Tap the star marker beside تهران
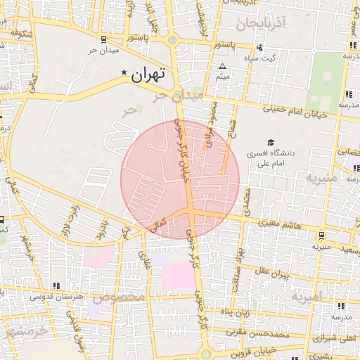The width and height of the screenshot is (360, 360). click(x=125, y=73)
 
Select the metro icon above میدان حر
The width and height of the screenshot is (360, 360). click(x=104, y=39)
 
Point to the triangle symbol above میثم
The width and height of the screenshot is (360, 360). click(x=223, y=67)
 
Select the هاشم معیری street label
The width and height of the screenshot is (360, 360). click(x=279, y=224)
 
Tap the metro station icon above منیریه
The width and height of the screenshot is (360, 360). click(x=321, y=236)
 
